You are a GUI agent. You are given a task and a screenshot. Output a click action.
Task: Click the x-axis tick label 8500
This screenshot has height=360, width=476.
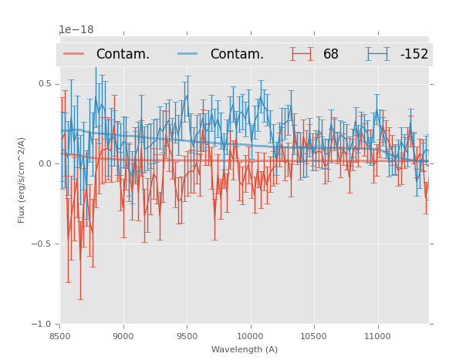[59, 336]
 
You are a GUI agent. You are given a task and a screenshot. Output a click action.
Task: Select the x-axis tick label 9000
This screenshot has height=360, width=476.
[123, 336]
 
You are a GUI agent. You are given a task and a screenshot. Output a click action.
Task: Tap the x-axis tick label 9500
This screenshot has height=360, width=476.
[187, 336]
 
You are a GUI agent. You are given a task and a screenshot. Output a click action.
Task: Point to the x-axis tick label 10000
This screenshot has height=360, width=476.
[250, 336]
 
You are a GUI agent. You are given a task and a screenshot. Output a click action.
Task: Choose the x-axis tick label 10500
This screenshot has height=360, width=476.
[314, 336]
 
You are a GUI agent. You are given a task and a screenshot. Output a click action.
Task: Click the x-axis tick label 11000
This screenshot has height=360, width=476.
[377, 336]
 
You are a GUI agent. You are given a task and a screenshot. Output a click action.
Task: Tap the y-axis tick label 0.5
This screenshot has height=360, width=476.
[45, 83]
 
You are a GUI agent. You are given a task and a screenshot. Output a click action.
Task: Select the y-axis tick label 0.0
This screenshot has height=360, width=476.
[45, 163]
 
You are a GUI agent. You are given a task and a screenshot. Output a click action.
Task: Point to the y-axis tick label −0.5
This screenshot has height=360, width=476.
[42, 244]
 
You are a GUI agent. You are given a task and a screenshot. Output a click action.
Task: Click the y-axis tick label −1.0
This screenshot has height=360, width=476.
[42, 324]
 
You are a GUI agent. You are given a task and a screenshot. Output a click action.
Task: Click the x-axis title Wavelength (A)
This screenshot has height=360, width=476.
[244, 349]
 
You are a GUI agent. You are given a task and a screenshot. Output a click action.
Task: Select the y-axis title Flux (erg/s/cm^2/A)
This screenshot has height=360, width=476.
[22, 180]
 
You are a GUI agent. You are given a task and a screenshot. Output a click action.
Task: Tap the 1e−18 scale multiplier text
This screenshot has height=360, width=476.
[76, 30]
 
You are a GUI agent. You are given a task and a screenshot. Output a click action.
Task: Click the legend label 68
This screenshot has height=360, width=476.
[331, 55]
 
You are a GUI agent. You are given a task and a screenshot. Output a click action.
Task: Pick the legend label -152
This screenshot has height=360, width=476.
[414, 55]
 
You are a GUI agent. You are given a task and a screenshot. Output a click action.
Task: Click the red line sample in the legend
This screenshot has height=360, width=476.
[73, 54]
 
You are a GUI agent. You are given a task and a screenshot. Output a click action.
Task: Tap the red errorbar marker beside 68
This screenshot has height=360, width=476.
[302, 54]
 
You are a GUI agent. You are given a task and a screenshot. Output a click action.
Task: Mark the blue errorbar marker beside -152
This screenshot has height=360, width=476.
[377, 54]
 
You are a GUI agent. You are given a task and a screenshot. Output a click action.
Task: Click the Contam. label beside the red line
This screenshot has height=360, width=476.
[123, 55]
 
